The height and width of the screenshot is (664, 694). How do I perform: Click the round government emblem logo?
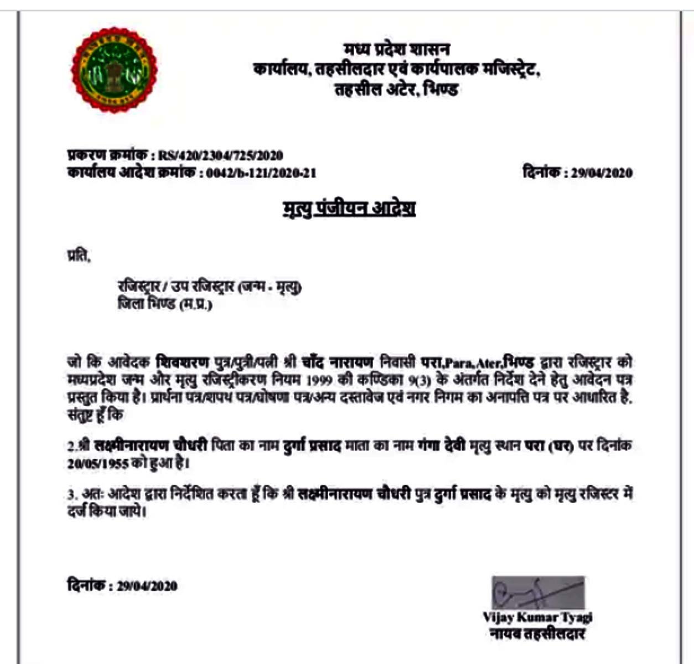coord(115,70)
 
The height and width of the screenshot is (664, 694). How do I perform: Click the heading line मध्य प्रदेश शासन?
coord(396,50)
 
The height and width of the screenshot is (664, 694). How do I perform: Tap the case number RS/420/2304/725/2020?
coord(220,155)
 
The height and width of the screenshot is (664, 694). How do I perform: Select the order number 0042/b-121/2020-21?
coord(261,173)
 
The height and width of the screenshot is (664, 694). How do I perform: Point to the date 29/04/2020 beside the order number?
coord(602,173)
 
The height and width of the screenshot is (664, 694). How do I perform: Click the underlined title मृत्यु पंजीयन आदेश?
coord(349,209)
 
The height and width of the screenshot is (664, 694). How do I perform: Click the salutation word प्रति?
coord(79,257)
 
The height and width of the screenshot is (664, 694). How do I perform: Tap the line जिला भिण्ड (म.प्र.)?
coord(165,304)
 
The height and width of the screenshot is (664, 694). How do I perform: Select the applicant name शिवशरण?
coord(183,363)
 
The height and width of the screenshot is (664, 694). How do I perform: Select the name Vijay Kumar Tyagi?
coord(537,616)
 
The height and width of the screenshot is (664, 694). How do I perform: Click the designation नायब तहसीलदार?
coord(537,634)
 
